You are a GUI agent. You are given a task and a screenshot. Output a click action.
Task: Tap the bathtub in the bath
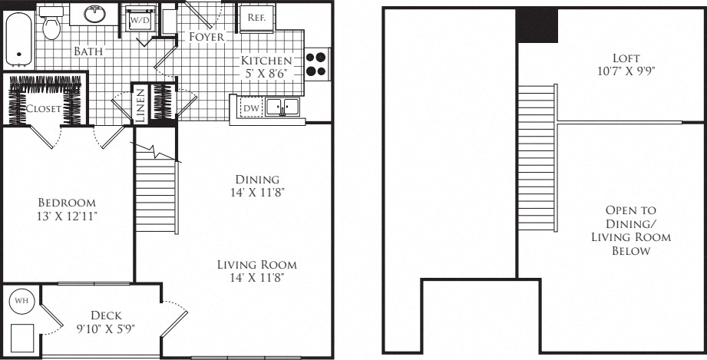click(18, 39)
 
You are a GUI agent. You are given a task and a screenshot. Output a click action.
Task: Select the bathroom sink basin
click(94, 14)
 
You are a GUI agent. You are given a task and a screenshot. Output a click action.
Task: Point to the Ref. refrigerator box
click(256, 18)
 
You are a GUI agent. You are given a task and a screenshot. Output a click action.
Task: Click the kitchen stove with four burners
click(318, 64)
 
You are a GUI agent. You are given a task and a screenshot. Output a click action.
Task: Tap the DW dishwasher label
click(249, 107)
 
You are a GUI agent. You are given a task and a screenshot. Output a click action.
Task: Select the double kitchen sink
click(282, 107)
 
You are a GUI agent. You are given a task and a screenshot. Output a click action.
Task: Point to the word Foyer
click(206, 37)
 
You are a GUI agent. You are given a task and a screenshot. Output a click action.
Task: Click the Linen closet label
click(140, 105)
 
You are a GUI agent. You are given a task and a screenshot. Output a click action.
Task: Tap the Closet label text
click(43, 108)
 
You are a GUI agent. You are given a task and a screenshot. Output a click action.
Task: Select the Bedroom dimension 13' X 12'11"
click(68, 216)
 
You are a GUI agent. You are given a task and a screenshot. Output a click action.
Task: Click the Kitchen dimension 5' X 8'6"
click(266, 73)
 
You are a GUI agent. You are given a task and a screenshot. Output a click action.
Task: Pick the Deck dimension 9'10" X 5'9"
click(106, 328)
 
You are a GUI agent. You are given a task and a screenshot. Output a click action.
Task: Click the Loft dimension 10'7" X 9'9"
click(626, 71)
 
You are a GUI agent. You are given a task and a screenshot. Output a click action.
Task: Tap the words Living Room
click(257, 264)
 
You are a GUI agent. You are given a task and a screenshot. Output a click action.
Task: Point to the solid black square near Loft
click(537, 25)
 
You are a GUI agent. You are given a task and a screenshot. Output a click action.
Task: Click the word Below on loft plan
click(631, 251)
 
